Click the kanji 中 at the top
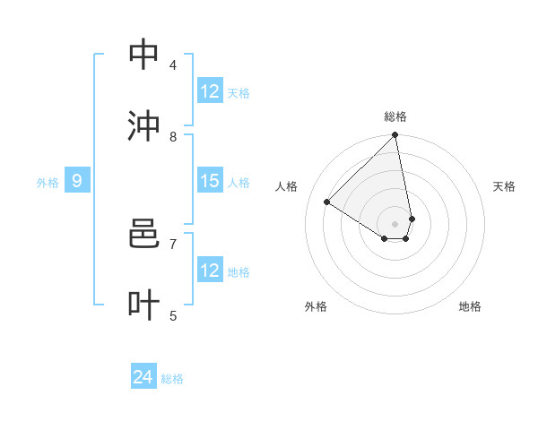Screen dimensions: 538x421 144,55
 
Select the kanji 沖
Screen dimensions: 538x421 144,126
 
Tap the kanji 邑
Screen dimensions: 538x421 144,234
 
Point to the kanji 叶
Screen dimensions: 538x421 144,305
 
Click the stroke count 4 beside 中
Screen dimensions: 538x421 173,64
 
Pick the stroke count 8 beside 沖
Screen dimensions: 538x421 173,136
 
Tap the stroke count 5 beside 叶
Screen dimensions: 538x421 173,315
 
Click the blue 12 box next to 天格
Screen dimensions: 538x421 210,91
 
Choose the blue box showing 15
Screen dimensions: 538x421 210,181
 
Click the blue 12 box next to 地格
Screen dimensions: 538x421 210,271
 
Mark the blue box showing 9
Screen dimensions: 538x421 77,181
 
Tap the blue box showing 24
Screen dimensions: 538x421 143,378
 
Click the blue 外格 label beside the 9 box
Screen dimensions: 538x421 48,183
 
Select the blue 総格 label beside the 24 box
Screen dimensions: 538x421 172,380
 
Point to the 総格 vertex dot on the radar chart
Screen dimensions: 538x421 395,136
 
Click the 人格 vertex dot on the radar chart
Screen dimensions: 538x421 327,202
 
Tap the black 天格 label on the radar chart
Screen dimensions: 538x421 504,186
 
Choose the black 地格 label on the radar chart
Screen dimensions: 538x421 470,306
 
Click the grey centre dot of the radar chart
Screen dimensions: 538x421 395,223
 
